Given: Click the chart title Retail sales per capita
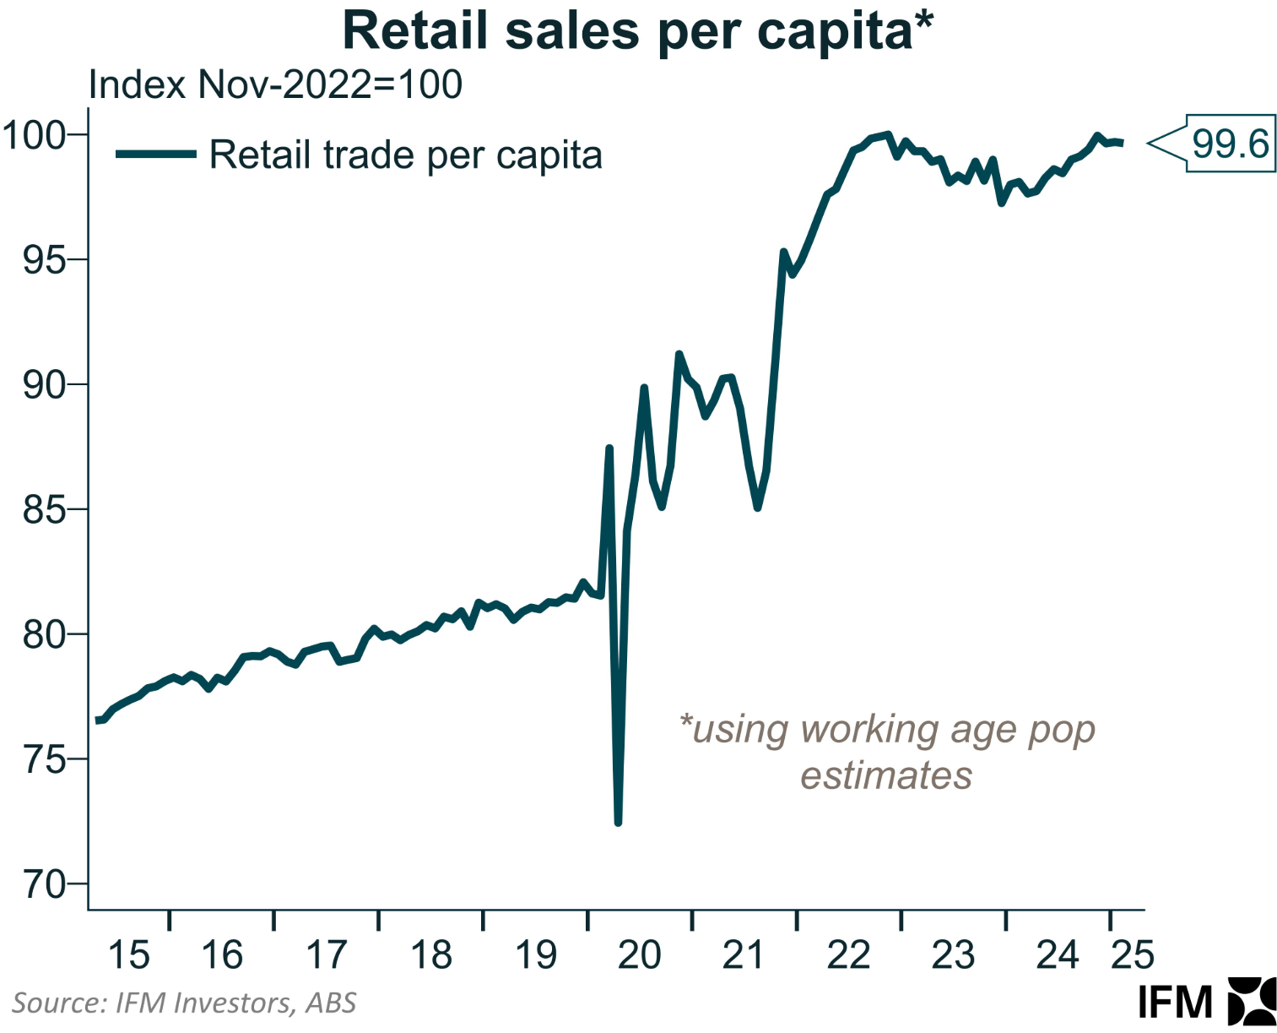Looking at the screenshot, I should [x=637, y=32].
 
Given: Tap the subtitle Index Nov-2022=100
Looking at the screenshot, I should [x=275, y=85].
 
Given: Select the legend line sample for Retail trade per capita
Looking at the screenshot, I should [x=155, y=154].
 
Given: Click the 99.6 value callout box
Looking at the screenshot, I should [x=1230, y=144].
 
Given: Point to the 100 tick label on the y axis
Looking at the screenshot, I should [x=34, y=135].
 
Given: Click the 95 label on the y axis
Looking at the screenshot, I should [x=43, y=260].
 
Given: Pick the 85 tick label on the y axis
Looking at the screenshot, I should [x=43, y=510].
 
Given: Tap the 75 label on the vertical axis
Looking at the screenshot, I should [x=43, y=760].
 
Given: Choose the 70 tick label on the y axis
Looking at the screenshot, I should [x=43, y=885].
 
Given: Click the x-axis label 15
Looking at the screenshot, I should [x=129, y=955].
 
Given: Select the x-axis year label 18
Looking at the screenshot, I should [x=431, y=955].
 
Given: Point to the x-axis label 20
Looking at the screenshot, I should [x=639, y=955].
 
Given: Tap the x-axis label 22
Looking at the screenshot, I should [x=848, y=955].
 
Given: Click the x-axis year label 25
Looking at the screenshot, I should [x=1132, y=955].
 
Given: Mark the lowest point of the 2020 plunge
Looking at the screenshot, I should [x=618, y=822].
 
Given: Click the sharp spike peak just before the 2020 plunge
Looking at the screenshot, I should [x=609, y=449].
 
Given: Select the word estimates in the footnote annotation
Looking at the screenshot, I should [x=886, y=775].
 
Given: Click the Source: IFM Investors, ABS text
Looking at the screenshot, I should [x=184, y=1003].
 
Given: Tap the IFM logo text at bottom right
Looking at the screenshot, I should [x=1175, y=1003].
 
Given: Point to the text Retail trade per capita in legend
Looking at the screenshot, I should [x=406, y=155].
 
